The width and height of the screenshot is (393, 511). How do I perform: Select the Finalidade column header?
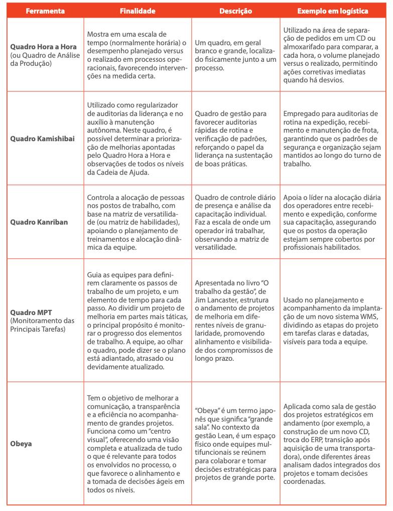pos(137,11)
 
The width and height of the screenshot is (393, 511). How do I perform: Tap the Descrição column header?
pos(235,11)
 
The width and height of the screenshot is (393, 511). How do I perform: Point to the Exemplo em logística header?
pos(332,11)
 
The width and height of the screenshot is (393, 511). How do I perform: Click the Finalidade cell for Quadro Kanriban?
pos(137,222)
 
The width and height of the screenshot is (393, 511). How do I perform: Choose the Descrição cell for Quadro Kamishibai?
pos(235,138)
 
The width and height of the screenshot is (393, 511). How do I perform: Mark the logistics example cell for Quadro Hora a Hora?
pos(332,55)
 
